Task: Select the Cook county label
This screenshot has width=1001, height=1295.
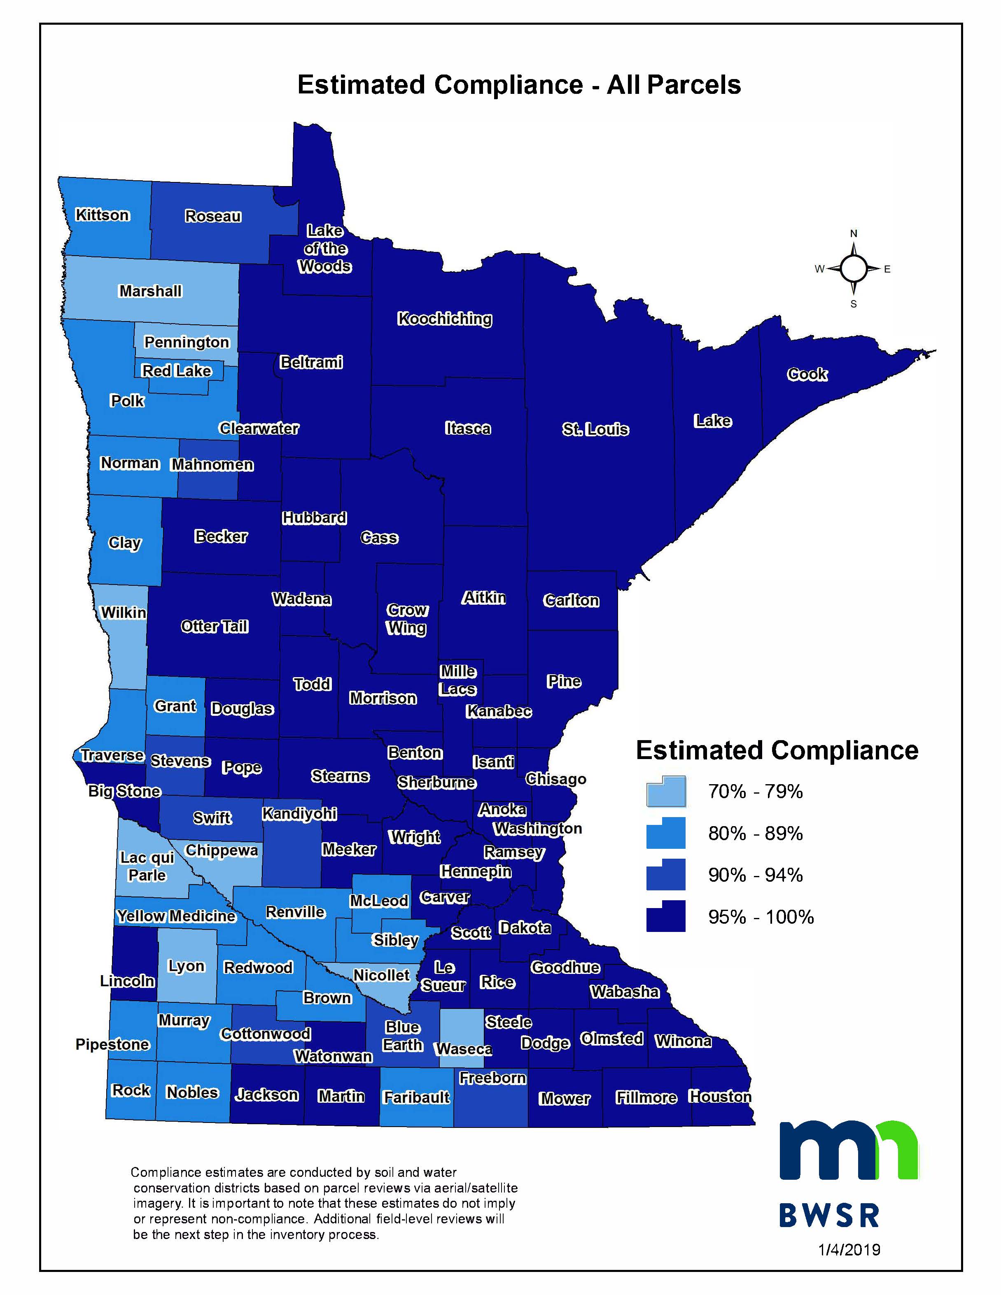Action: [807, 374]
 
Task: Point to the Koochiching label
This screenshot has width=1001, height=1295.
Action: [444, 319]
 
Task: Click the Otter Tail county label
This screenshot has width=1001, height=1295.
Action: [214, 626]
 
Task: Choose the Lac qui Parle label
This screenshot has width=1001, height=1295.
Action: [147, 866]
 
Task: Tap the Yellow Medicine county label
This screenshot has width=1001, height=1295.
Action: [176, 916]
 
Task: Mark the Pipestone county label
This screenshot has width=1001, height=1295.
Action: [112, 1044]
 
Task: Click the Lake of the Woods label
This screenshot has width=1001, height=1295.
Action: [325, 249]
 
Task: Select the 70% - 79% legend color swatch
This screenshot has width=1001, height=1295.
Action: [665, 792]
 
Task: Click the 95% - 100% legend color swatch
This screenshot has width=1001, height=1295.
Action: [665, 917]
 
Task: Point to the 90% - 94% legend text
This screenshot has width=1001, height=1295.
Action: [755, 875]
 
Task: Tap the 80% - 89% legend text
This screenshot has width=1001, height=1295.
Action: [755, 833]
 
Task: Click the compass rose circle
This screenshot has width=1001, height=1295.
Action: [853, 269]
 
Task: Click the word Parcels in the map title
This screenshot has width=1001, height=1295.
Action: [694, 85]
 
